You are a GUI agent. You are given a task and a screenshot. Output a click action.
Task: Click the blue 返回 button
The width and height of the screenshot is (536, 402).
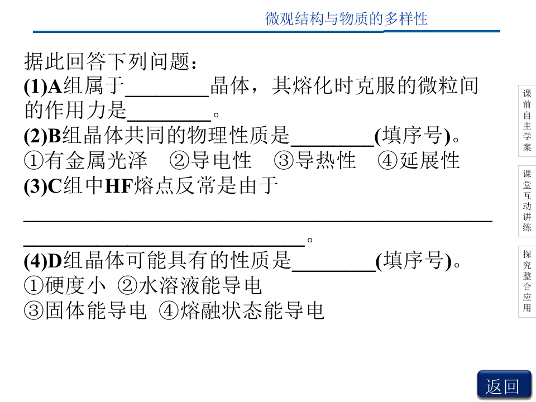(504, 385)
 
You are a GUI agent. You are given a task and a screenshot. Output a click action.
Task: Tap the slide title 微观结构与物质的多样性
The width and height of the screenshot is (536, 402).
(346, 19)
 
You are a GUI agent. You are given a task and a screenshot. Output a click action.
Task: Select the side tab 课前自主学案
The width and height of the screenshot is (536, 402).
(527, 121)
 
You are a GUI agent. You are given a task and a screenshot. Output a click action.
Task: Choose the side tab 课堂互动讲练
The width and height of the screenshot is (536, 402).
(527, 201)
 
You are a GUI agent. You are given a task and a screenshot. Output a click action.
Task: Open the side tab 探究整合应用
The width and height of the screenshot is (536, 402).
(527, 281)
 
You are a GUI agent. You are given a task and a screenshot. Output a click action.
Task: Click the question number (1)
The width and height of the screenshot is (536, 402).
(36, 86)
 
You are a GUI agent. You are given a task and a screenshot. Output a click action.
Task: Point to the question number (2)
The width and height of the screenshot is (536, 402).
(36, 136)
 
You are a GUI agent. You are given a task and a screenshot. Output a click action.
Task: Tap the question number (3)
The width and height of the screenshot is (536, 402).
(36, 186)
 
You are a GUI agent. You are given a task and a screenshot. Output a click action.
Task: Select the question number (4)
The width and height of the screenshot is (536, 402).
(36, 261)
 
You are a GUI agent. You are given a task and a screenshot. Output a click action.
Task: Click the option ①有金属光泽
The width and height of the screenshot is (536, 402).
(85, 161)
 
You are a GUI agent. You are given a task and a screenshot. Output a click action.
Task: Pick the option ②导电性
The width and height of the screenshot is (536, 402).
(210, 161)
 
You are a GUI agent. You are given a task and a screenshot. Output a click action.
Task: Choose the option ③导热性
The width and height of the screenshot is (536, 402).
(314, 161)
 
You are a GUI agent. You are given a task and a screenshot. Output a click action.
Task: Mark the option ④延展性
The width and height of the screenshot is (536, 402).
(418, 161)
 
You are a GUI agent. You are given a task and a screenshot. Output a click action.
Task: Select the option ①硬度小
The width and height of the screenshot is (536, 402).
(65, 286)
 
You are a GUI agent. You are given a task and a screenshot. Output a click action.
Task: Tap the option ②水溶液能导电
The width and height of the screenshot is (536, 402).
(190, 286)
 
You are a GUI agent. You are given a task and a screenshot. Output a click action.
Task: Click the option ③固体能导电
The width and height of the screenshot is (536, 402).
(85, 311)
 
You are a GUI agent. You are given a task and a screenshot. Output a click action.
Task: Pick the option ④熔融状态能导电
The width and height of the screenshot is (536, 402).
(242, 311)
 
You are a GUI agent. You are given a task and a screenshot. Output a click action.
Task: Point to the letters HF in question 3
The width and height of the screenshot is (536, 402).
(118, 186)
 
